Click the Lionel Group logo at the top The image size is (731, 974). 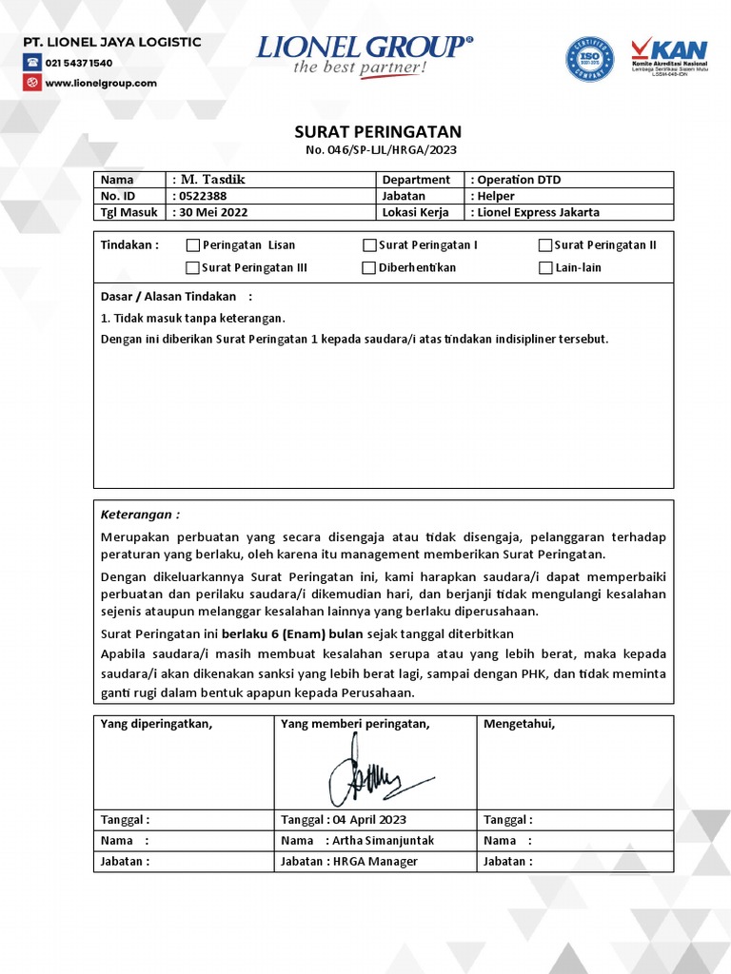[365, 55]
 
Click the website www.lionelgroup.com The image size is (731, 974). [100, 83]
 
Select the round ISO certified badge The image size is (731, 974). [590, 60]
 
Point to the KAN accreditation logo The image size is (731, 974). [670, 59]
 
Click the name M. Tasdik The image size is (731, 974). [212, 180]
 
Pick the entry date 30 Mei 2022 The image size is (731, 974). [215, 212]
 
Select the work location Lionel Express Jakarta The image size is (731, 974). [539, 212]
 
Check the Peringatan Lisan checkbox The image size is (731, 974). [193, 245]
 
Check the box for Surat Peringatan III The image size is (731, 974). [193, 268]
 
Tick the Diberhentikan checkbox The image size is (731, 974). [369, 268]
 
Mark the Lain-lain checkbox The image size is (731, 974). [545, 268]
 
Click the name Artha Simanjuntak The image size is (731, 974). [384, 841]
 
